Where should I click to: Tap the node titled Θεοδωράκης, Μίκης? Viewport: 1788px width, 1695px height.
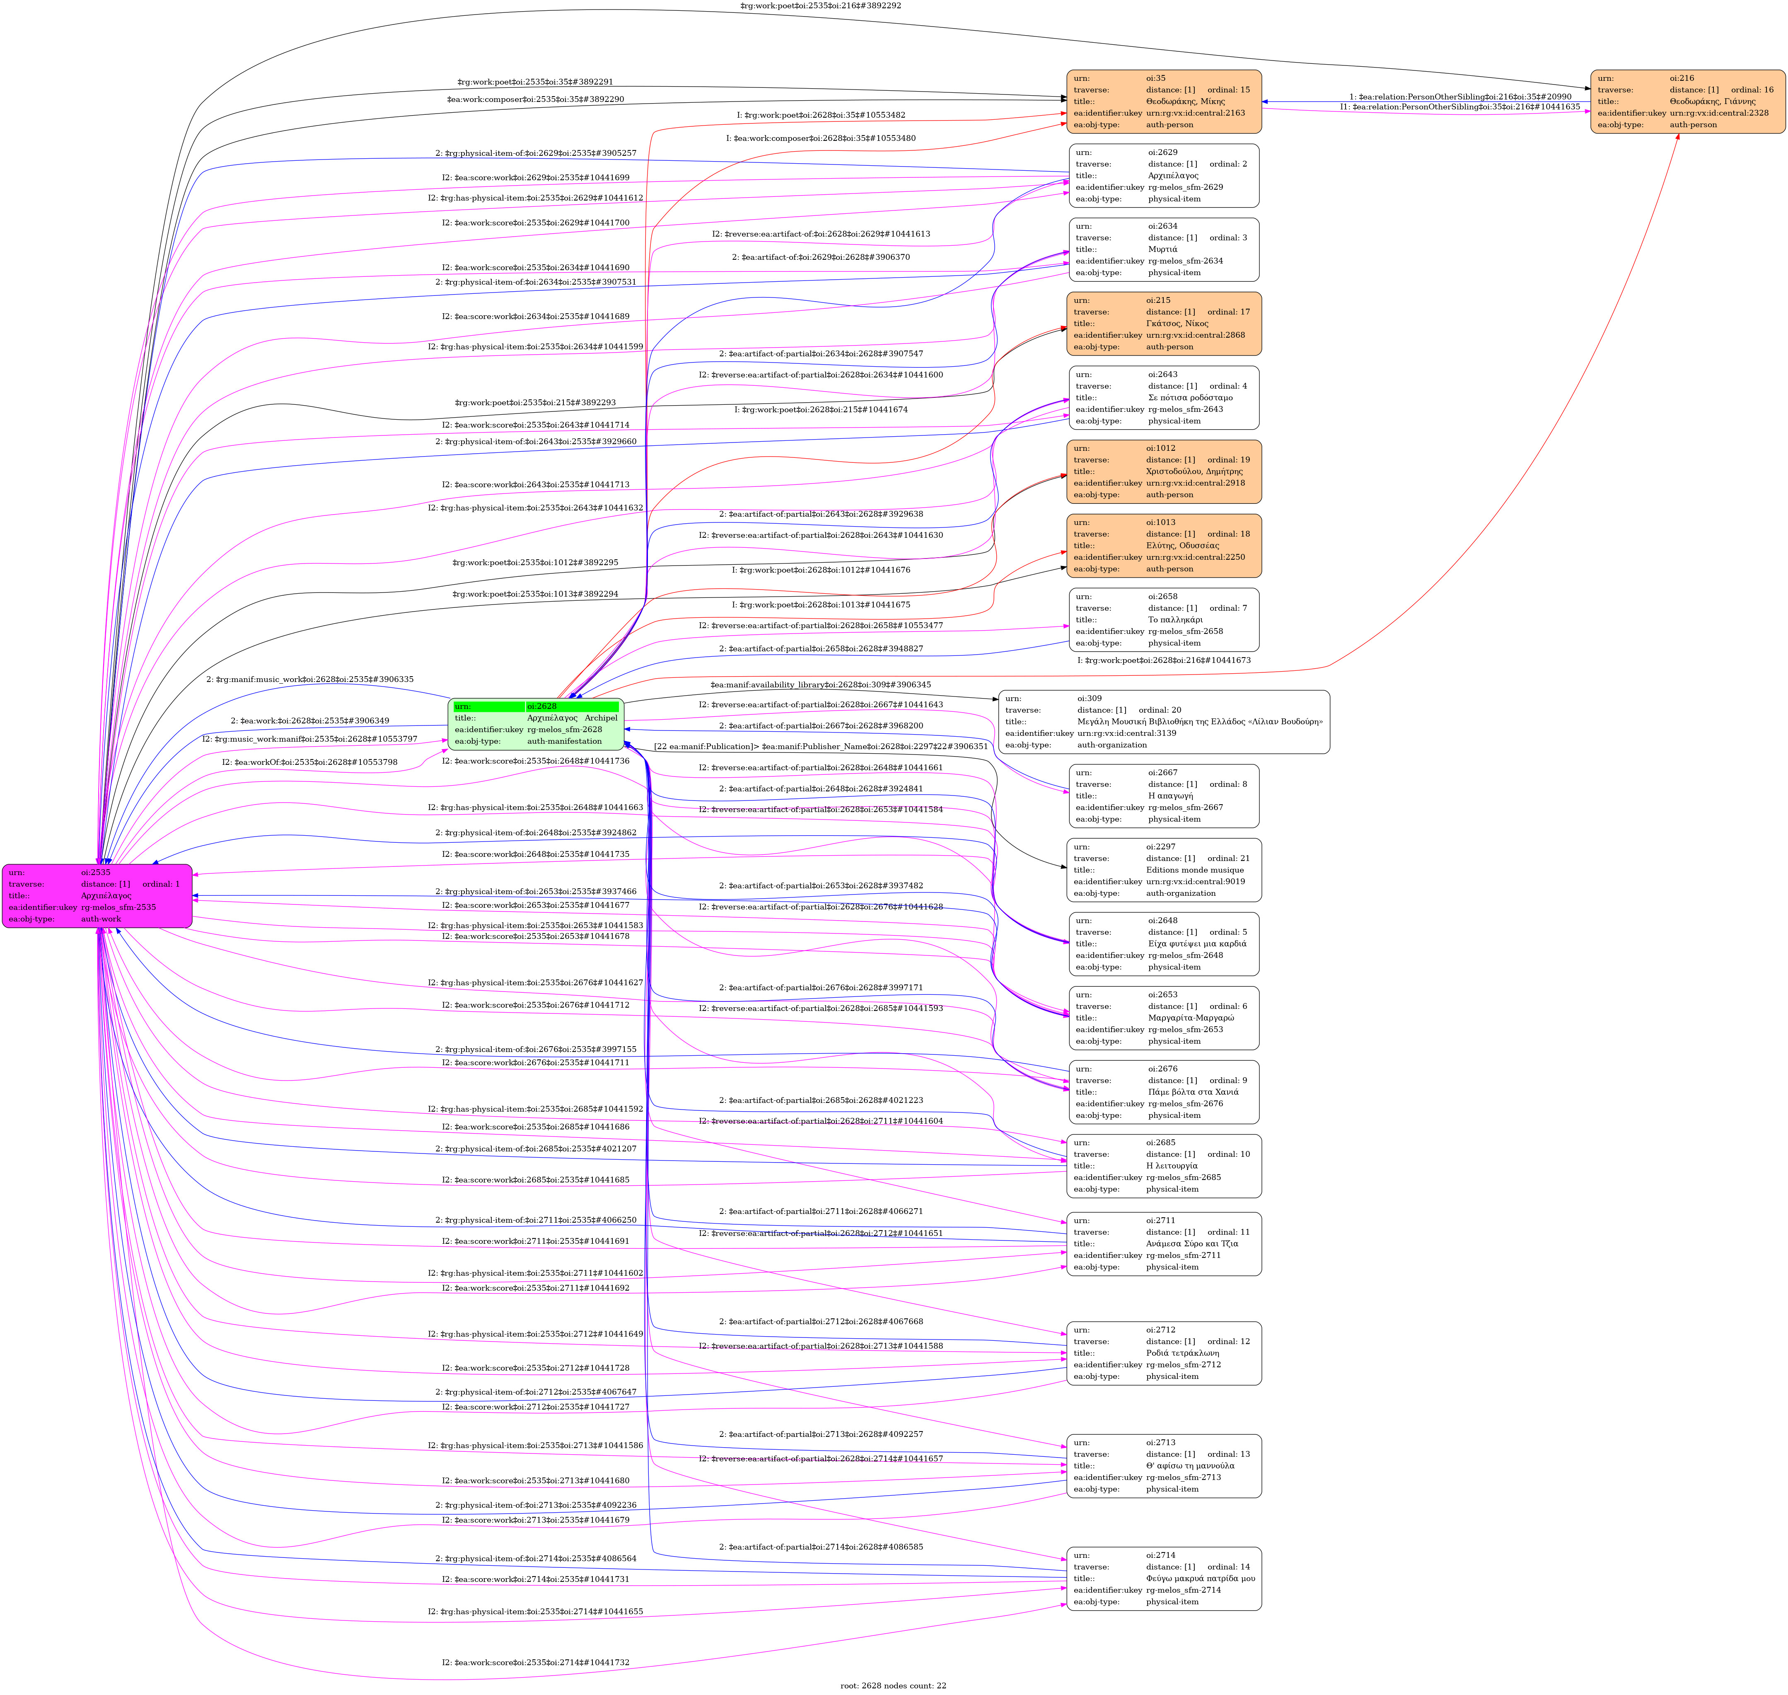pos(1164,101)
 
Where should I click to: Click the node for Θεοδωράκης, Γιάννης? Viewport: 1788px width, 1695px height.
pos(1687,101)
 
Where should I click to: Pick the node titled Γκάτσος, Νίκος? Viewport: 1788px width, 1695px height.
pos(1164,324)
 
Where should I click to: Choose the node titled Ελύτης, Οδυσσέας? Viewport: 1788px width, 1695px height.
pos(1164,546)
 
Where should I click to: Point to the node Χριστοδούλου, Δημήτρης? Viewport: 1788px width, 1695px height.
pos(1164,472)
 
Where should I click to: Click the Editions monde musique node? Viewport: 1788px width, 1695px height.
pos(1164,870)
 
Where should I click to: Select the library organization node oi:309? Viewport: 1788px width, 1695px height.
pos(1164,722)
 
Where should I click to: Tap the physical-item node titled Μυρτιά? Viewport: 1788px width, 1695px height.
pos(1164,249)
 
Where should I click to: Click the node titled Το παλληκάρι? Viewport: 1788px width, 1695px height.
pos(1164,620)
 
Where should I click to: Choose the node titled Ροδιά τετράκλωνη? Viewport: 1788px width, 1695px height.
pos(1164,1353)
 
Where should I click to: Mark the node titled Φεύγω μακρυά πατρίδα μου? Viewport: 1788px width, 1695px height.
pos(1164,1579)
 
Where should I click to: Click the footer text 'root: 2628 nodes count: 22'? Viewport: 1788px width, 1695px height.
pos(893,1685)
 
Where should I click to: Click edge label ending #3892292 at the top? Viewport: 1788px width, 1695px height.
pos(819,5)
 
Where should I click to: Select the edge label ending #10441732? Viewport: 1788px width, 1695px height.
pos(535,1662)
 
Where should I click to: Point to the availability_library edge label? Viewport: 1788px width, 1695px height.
pos(819,685)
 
